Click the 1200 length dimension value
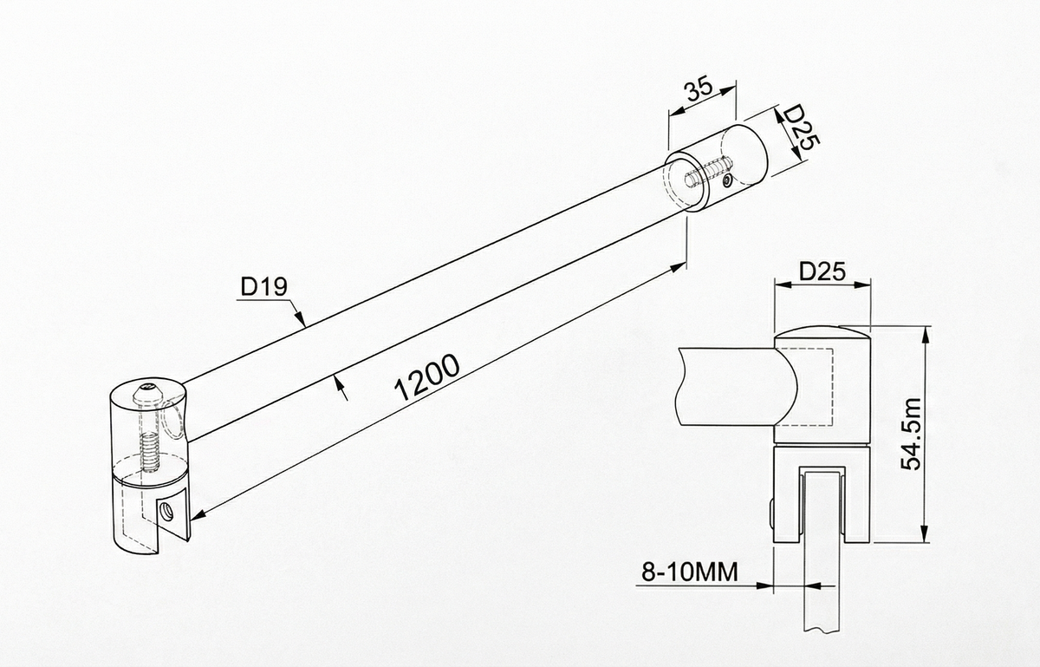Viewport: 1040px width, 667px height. coord(426,377)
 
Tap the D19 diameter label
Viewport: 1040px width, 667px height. coord(264,286)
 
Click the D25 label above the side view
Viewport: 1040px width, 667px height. coord(822,271)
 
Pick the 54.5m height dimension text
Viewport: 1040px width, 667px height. coord(911,434)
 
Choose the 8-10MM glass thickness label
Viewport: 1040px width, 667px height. coord(690,572)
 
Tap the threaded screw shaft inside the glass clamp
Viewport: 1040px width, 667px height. coord(149,452)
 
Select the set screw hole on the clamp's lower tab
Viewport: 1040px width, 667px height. coord(166,512)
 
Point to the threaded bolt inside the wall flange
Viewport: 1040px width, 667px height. coord(708,171)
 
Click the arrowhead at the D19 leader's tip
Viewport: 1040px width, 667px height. coord(301,319)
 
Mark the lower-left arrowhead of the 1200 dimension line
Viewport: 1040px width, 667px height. coord(198,515)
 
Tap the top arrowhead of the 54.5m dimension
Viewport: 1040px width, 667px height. coord(926,335)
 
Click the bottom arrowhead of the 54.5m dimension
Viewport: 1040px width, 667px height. coord(926,533)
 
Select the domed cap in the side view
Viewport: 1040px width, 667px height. coord(822,336)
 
